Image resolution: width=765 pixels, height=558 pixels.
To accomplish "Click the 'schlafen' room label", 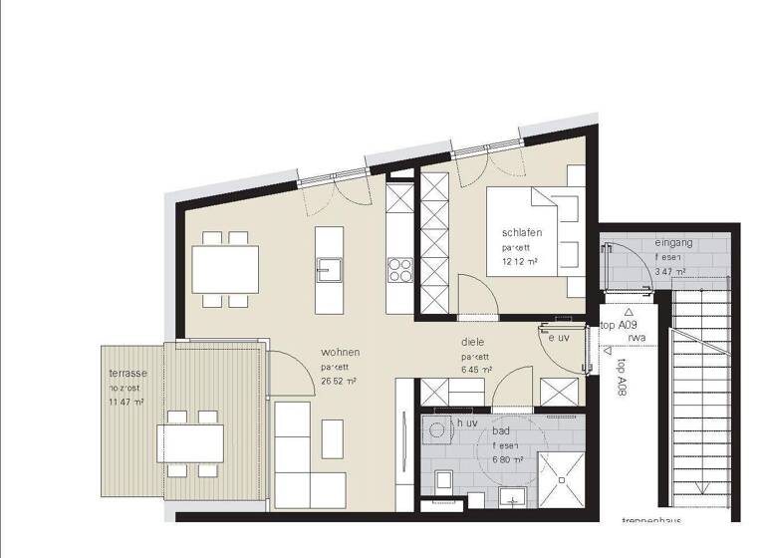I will [522, 232].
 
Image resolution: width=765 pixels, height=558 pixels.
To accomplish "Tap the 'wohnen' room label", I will [340, 353].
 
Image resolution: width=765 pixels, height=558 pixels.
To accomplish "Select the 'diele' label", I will [472, 341].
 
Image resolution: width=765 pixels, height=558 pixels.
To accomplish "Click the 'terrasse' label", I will [128, 373].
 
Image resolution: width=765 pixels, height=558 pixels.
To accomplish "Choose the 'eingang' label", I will [673, 244].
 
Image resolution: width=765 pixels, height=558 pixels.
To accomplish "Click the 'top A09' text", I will [620, 325].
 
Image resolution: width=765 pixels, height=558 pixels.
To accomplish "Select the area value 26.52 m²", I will [340, 381].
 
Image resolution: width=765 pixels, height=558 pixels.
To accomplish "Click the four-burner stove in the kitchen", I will [400, 268].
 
